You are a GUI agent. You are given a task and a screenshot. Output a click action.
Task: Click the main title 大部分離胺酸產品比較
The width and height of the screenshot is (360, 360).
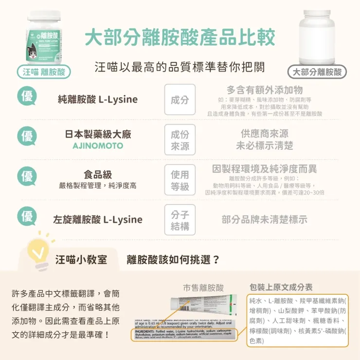coord(180,37)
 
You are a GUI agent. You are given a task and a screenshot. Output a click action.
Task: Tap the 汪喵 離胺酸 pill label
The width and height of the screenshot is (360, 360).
coord(43,72)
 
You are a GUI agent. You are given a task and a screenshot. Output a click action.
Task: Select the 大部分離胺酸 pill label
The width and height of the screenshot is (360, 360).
coord(317,72)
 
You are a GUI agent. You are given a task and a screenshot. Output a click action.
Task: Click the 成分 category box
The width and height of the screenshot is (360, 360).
coord(180,100)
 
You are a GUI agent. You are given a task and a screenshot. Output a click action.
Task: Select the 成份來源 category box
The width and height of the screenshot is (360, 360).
coord(180,140)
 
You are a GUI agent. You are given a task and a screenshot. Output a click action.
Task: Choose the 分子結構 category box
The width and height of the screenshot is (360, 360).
coord(180,220)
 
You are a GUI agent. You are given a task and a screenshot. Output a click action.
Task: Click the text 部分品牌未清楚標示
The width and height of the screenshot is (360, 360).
coord(264,219)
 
